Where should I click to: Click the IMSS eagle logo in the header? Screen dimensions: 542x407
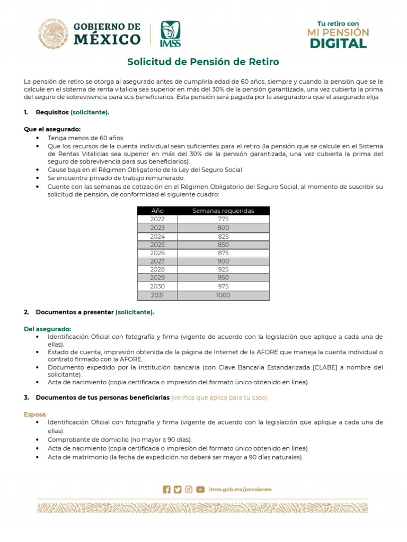pyautogui.click(x=170, y=34)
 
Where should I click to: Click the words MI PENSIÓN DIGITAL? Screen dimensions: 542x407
pyautogui.click(x=338, y=38)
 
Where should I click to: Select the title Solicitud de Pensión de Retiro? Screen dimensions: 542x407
pyautogui.click(x=203, y=62)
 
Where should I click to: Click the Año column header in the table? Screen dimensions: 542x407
pyautogui.click(x=157, y=211)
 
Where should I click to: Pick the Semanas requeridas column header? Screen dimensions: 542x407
pyautogui.click(x=223, y=211)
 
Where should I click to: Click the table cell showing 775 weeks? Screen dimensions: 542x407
pyautogui.click(x=223, y=219)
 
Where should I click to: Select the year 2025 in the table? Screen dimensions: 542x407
pyautogui.click(x=157, y=245)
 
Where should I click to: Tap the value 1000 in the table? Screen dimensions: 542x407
pyautogui.click(x=223, y=295)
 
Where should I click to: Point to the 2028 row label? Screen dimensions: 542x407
pyautogui.click(x=157, y=270)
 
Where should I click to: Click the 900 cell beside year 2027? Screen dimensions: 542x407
pyautogui.click(x=223, y=261)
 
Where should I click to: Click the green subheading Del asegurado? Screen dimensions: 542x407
pyautogui.click(x=47, y=329)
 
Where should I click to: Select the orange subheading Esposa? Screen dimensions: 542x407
pyautogui.click(x=35, y=414)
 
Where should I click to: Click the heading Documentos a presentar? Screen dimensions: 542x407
pyautogui.click(x=75, y=312)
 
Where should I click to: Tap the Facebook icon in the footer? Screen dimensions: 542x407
pyautogui.click(x=167, y=490)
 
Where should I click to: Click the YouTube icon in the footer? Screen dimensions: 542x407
pyautogui.click(x=200, y=490)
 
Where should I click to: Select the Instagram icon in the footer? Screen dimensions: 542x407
pyautogui.click(x=189, y=490)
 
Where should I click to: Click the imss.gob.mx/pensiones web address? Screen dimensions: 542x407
pyautogui.click(x=240, y=490)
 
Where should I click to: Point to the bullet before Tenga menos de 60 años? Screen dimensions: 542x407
pyautogui.click(x=37, y=138)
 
